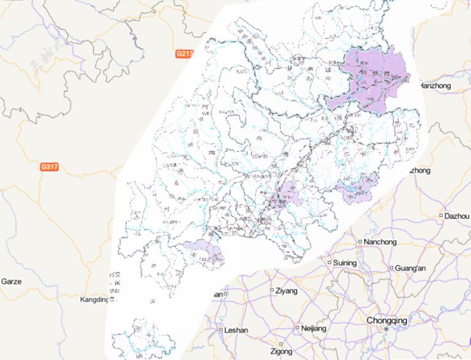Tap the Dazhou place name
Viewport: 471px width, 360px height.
click(x=458, y=216)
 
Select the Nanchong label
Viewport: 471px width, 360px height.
click(x=380, y=242)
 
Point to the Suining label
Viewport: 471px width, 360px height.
click(x=345, y=263)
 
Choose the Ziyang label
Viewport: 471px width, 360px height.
click(x=286, y=290)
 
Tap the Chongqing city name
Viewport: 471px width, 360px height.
click(x=386, y=320)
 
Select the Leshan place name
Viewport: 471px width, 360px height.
click(x=237, y=330)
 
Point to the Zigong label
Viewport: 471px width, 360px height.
click(x=281, y=352)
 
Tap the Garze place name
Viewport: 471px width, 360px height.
click(x=11, y=281)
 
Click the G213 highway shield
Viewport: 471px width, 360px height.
click(x=184, y=54)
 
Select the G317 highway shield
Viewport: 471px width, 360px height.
click(x=49, y=167)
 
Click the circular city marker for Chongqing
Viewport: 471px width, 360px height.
click(x=386, y=329)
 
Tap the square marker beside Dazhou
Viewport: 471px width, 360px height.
click(x=441, y=216)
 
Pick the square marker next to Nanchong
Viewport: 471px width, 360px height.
click(x=360, y=242)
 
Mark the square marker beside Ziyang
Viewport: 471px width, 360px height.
click(x=272, y=290)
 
